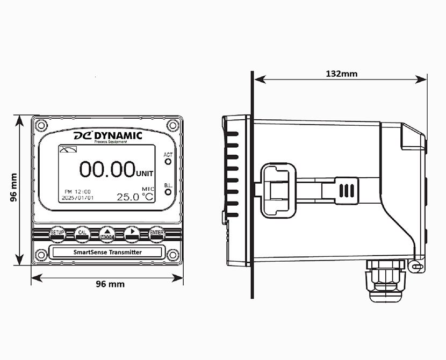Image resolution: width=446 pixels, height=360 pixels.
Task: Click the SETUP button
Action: tap(57, 233)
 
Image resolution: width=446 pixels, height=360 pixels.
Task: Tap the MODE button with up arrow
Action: tap(107, 233)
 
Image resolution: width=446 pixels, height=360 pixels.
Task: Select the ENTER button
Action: tap(157, 233)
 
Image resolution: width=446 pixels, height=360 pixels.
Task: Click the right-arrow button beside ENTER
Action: tap(132, 233)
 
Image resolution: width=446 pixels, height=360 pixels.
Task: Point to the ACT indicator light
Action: tap(168, 162)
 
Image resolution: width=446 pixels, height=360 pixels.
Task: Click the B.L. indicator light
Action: tap(168, 191)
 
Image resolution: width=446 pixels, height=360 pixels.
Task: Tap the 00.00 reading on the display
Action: tap(107, 169)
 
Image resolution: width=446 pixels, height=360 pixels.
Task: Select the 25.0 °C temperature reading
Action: tap(135, 197)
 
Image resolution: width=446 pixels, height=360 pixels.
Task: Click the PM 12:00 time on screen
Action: tap(78, 191)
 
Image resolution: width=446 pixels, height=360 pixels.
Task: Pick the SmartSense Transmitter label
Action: tap(107, 252)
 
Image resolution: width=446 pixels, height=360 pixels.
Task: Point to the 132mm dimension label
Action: tap(341, 74)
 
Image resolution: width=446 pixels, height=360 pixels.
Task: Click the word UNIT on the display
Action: tap(145, 174)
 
